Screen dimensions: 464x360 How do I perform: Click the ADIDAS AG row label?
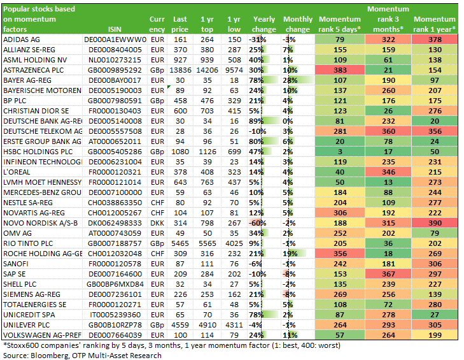[21, 40]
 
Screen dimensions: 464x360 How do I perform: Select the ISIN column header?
[115, 29]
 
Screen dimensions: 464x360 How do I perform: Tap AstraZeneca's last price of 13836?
[180, 70]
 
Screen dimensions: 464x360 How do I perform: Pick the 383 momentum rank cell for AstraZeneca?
[340, 70]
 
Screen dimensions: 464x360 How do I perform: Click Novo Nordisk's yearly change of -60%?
[257, 223]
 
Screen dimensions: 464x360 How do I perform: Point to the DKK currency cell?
[157, 223]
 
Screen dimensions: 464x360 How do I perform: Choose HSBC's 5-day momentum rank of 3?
[340, 152]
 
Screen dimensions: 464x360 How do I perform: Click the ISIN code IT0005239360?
[115, 315]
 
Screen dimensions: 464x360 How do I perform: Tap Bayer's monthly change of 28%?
[290, 80]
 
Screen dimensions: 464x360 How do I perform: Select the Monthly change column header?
[298, 24]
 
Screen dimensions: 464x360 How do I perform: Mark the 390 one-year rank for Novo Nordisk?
[435, 223]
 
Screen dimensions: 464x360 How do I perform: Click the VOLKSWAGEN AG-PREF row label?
[42, 335]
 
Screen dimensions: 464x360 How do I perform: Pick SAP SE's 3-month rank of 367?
[388, 274]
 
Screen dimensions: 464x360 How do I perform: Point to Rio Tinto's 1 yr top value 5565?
[207, 243]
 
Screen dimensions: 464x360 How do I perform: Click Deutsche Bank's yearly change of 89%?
[257, 121]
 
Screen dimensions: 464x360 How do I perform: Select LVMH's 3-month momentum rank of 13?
[388, 182]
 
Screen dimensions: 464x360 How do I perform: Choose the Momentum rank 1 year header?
[435, 24]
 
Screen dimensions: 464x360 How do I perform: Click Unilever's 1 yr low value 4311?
[234, 325]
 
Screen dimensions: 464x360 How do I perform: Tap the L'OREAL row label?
[17, 172]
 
